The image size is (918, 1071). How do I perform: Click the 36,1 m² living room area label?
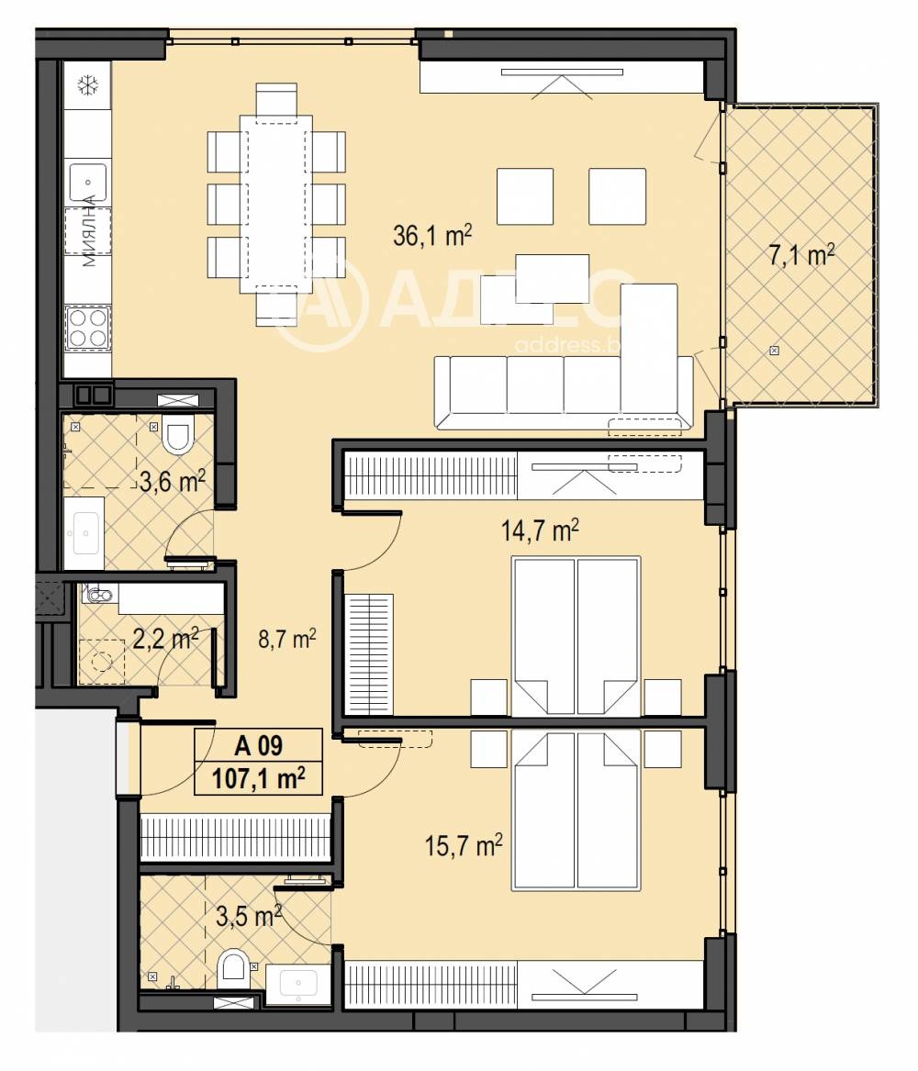click(x=431, y=237)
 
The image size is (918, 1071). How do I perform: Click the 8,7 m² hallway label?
click(x=287, y=640)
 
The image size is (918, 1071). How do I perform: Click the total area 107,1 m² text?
click(x=258, y=779)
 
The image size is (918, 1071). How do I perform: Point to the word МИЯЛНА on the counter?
click(x=89, y=231)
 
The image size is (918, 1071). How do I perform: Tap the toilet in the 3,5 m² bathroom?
click(x=233, y=968)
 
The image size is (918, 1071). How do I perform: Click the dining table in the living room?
click(x=275, y=204)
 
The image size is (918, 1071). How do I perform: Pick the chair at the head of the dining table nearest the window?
click(x=276, y=100)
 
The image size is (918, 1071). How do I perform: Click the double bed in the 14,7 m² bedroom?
click(x=576, y=635)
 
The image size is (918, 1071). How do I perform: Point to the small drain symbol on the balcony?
click(x=774, y=351)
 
